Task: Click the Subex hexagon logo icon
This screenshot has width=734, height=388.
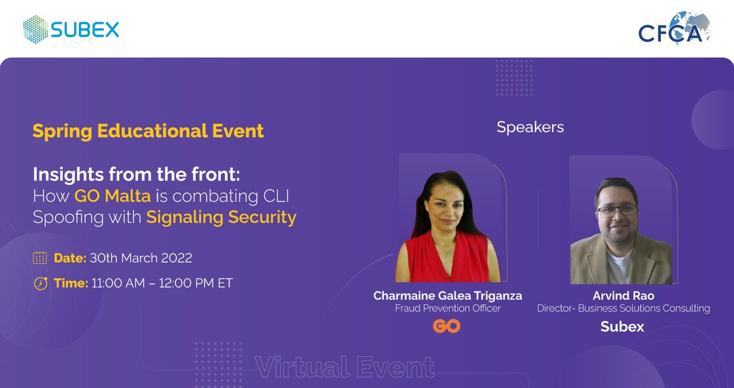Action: pos(35,29)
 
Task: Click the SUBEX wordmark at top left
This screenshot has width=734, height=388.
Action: pos(85,29)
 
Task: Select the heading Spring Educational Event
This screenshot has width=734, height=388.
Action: pos(148,131)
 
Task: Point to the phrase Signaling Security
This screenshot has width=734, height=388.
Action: pos(221,217)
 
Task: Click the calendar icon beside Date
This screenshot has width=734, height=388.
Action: pos(40,258)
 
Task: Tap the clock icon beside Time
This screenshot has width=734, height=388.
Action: pos(40,283)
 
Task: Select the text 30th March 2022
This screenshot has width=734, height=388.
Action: pos(141,258)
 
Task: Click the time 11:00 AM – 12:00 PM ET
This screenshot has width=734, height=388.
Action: pos(161,283)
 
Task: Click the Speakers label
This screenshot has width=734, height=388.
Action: pos(530,127)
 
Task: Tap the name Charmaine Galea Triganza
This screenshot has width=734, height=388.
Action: pos(448,296)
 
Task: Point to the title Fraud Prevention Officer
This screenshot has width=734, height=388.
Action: pos(448,308)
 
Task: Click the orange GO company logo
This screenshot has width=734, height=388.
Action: pos(447,327)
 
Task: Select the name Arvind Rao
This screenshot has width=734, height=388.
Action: pos(623,296)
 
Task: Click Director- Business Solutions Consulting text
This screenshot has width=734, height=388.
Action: pos(623,308)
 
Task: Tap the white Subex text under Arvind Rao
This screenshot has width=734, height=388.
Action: pos(622,327)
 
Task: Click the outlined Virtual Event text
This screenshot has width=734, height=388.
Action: pos(345,367)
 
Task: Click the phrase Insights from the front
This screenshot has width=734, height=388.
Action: pos(136,174)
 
